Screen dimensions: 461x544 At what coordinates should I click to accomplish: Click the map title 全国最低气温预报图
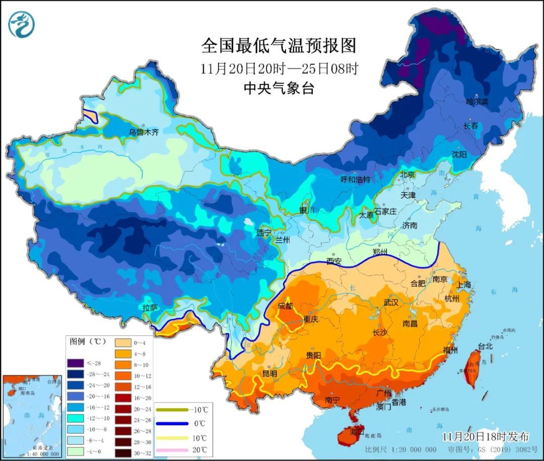tap(279, 46)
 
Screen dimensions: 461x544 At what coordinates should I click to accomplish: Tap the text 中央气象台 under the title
tap(279, 89)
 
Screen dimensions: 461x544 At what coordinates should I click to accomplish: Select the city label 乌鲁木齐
tap(144, 133)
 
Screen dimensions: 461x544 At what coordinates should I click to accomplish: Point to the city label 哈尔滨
tap(477, 102)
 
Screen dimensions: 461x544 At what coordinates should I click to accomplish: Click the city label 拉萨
tap(150, 307)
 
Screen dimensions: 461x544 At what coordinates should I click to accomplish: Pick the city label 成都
tap(286, 306)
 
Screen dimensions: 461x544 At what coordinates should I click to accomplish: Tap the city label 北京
tap(407, 175)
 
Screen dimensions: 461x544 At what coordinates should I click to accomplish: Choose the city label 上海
tap(464, 284)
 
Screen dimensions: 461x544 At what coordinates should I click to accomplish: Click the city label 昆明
tap(269, 374)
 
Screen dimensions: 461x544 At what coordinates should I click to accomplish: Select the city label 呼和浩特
tap(355, 180)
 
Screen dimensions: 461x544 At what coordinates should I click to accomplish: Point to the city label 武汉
tap(390, 303)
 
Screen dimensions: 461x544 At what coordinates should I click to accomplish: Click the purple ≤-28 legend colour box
tap(75, 363)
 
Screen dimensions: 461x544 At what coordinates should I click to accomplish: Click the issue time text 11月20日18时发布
tap(486, 436)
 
